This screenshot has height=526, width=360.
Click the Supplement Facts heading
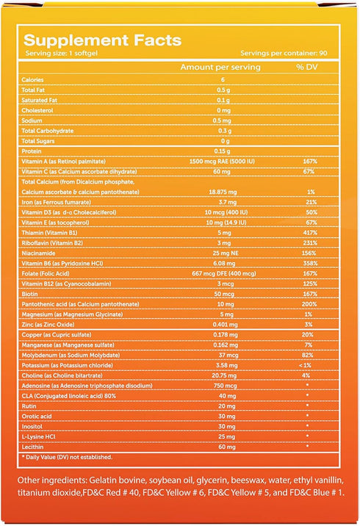coord(103,40)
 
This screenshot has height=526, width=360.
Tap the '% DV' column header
coord(306,67)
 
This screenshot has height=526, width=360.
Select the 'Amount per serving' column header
coord(220,67)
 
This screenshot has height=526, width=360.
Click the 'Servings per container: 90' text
coord(284,53)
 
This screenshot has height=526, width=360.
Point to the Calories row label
coord(32,80)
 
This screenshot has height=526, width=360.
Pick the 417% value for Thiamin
coord(310,233)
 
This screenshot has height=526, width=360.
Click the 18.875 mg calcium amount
coord(223,192)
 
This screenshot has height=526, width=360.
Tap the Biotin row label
coord(29,294)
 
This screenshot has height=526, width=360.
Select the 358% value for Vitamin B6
coord(310,263)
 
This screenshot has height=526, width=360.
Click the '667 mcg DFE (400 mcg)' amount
coord(224,273)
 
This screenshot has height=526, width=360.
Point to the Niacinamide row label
coord(38,253)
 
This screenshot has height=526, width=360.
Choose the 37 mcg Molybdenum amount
coord(228,355)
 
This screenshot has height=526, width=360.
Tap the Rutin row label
coord(29,406)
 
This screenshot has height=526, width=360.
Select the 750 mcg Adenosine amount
coord(225,386)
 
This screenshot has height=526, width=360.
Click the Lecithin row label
coord(32,447)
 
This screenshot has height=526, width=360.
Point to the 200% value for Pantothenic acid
coord(309,304)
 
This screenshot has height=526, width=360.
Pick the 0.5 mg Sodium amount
coord(222,120)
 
